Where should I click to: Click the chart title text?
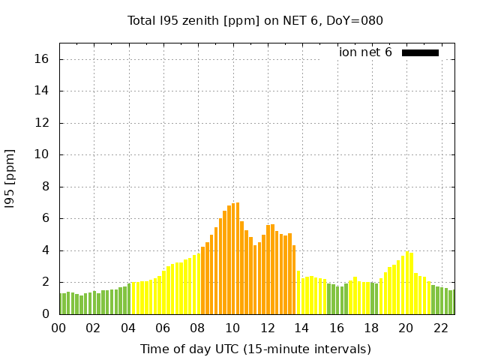coord(255,20)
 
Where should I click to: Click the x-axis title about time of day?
coord(255,349)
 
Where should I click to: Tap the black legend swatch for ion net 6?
coord(420,52)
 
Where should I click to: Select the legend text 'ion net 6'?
coord(365,52)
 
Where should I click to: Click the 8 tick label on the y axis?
coord(46,187)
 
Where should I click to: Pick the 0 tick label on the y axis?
coord(46,314)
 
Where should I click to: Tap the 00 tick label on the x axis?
coord(58,328)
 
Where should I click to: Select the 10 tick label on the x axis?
coord(232,328)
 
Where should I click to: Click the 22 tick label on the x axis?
coord(441,328)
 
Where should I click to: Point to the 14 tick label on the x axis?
coord(301,328)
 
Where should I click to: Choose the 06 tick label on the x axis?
coord(163,328)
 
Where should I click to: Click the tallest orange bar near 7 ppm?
coord(238,259)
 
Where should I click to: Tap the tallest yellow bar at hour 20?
coord(407,283)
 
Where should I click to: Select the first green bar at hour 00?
coord(60,304)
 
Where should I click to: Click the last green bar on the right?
coord(454,302)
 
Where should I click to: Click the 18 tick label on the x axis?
coord(371,328)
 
